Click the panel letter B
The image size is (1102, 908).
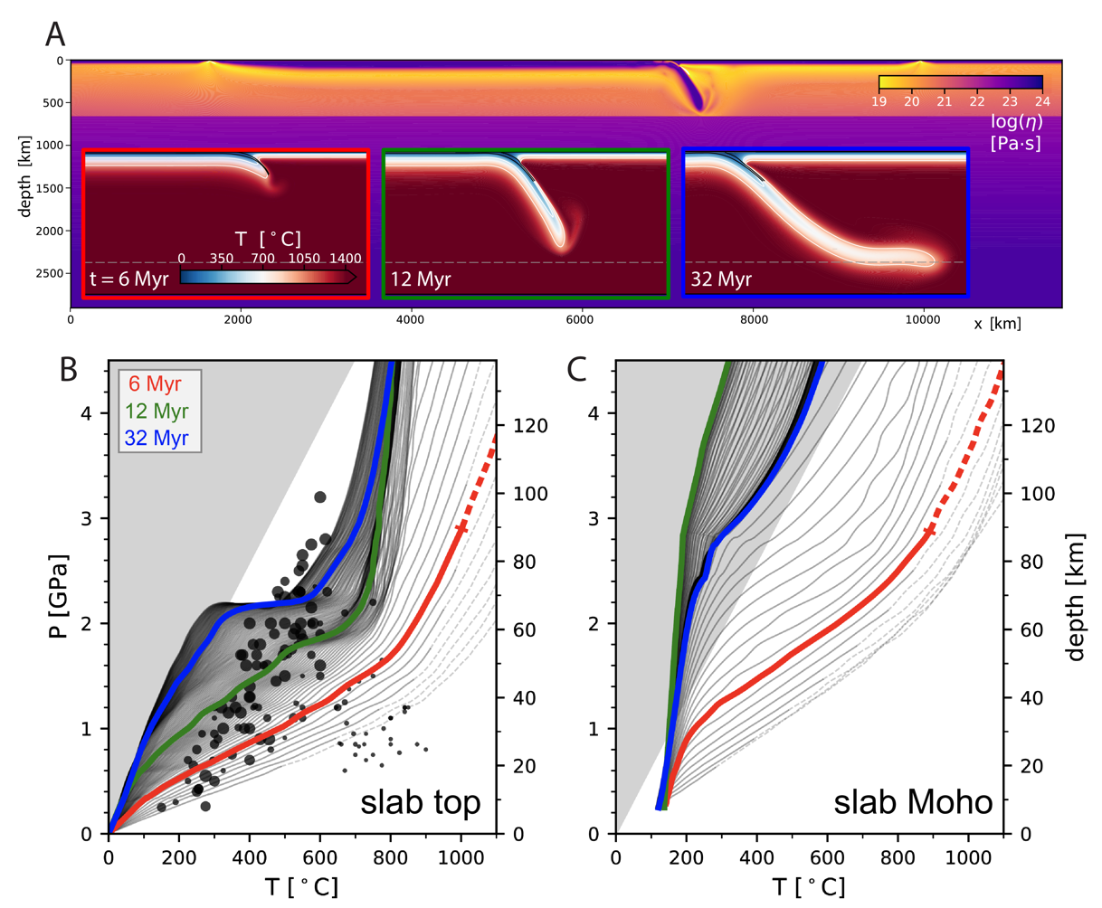pyautogui.click(x=69, y=369)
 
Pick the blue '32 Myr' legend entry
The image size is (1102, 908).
pyautogui.click(x=157, y=438)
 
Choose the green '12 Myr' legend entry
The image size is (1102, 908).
pyautogui.click(x=157, y=411)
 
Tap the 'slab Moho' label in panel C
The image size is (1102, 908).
pyautogui.click(x=913, y=801)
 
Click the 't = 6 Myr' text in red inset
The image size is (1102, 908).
pyautogui.click(x=128, y=279)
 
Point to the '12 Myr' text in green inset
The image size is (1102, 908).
pyautogui.click(x=421, y=279)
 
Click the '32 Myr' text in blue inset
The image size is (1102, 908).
pyautogui.click(x=721, y=279)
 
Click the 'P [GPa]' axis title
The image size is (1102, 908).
pyautogui.click(x=61, y=597)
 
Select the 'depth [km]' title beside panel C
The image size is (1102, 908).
pyautogui.click(x=1075, y=597)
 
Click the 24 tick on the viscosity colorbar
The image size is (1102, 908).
pyautogui.click(x=1042, y=102)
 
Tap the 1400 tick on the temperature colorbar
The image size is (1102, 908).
pyautogui.click(x=345, y=259)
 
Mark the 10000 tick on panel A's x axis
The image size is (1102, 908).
pyautogui.click(x=923, y=318)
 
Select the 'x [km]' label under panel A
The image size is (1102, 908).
pyautogui.click(x=997, y=323)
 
